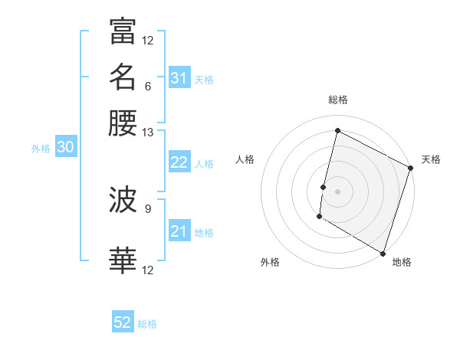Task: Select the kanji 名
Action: [123, 77]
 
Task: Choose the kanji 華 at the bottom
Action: [123, 260]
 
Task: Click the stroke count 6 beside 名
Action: [147, 86]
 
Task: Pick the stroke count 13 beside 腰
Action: [147, 132]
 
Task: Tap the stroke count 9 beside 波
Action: [147, 208]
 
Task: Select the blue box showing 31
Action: [179, 77]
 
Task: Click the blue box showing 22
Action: [179, 162]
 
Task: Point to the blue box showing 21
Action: [179, 231]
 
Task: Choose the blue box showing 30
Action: [65, 148]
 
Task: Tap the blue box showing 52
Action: [123, 323]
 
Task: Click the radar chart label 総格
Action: [338, 100]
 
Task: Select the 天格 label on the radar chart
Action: [431, 159]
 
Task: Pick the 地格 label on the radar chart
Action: [402, 262]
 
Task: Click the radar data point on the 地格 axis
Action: [383, 252]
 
